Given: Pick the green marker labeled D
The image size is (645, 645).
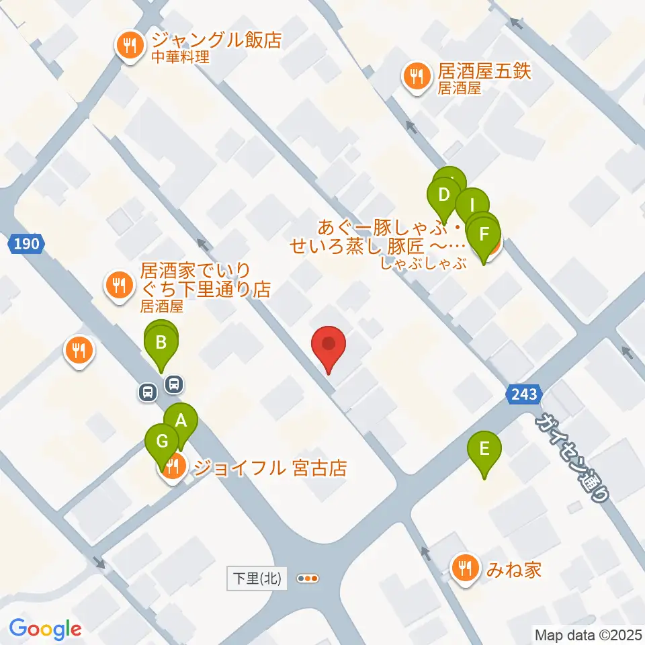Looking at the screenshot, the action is (443, 197).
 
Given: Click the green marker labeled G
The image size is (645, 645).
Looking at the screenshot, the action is (162, 443).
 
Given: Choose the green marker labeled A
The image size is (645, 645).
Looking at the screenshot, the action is (181, 422).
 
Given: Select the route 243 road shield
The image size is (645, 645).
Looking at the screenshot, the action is (523, 394).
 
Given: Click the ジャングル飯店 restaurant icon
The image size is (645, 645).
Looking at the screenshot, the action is (128, 46).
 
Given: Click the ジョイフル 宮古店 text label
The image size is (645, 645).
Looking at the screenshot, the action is (269, 467).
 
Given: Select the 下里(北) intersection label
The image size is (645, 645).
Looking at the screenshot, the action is (257, 578).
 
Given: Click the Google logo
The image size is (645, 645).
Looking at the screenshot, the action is (46, 628).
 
